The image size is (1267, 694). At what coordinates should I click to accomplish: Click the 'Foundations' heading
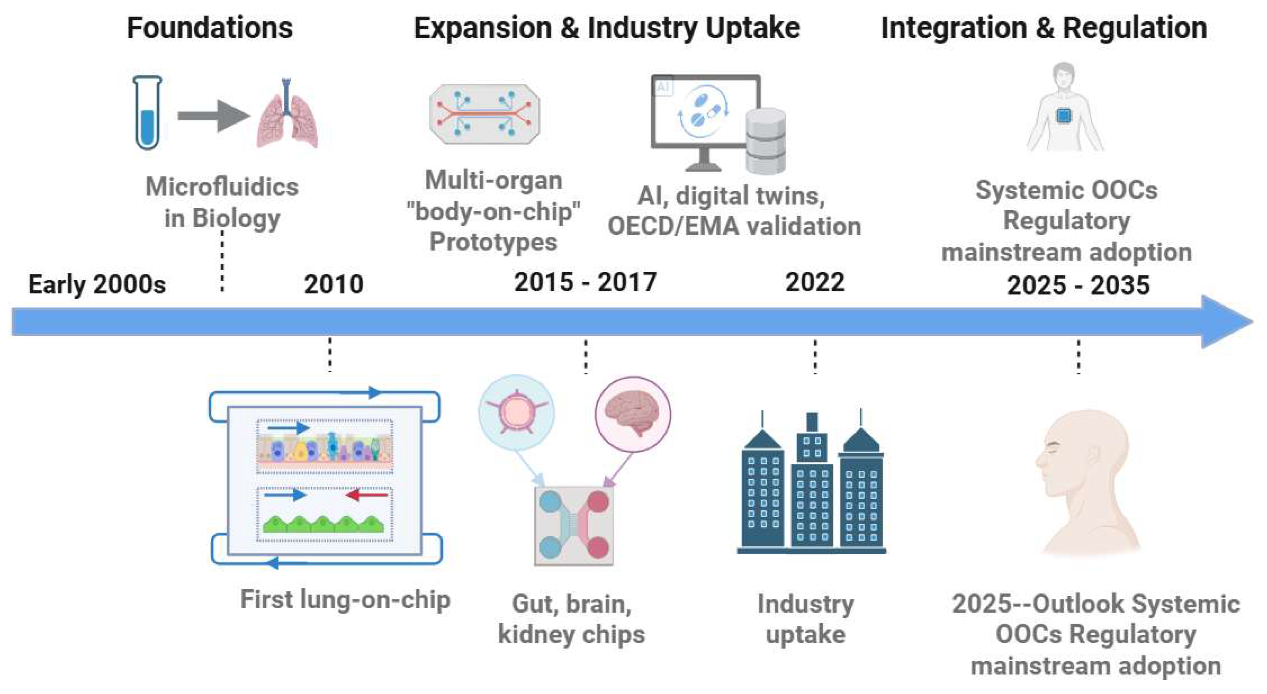click(210, 28)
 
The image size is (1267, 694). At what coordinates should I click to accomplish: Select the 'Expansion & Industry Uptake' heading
click(606, 28)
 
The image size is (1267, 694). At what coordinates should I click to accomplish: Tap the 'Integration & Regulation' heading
click(1044, 28)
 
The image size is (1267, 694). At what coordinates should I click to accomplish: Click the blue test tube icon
click(147, 113)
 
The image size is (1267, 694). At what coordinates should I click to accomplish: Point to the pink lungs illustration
click(287, 118)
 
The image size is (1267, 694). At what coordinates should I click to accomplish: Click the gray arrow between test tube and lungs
click(214, 116)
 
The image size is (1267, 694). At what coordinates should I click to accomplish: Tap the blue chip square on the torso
click(1064, 116)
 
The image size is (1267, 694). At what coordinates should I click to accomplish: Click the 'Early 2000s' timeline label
click(97, 284)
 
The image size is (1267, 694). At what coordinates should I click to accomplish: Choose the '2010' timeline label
click(334, 284)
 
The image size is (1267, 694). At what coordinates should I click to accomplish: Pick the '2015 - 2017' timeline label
click(585, 283)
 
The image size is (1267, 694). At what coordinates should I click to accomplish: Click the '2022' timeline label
click(815, 283)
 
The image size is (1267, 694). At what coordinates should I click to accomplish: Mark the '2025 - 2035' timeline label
click(1078, 285)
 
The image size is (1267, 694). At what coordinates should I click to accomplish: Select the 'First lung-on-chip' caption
click(345, 600)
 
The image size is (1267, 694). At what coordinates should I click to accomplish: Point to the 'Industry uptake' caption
click(806, 619)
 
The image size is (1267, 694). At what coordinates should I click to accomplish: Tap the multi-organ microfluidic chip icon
click(485, 114)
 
